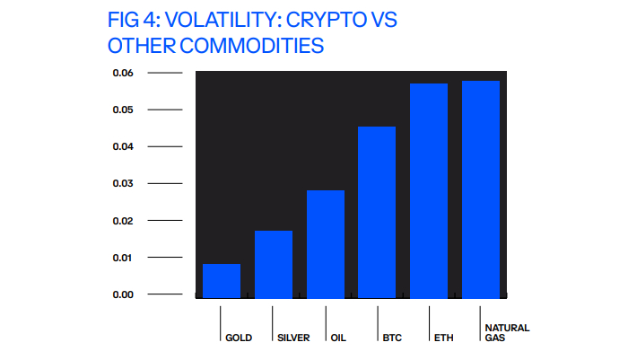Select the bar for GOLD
pyautogui.click(x=222, y=280)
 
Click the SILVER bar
pyautogui.click(x=274, y=264)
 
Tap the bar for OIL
pyautogui.click(x=326, y=243)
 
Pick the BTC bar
pyautogui.click(x=377, y=212)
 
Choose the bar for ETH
pyautogui.click(x=429, y=190)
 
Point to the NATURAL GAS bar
pyautogui.click(x=481, y=189)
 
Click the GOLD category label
pyautogui.click(x=239, y=338)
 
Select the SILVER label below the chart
pyautogui.click(x=293, y=338)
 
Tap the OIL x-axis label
pyautogui.click(x=337, y=338)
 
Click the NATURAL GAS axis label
pyautogui.click(x=506, y=333)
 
